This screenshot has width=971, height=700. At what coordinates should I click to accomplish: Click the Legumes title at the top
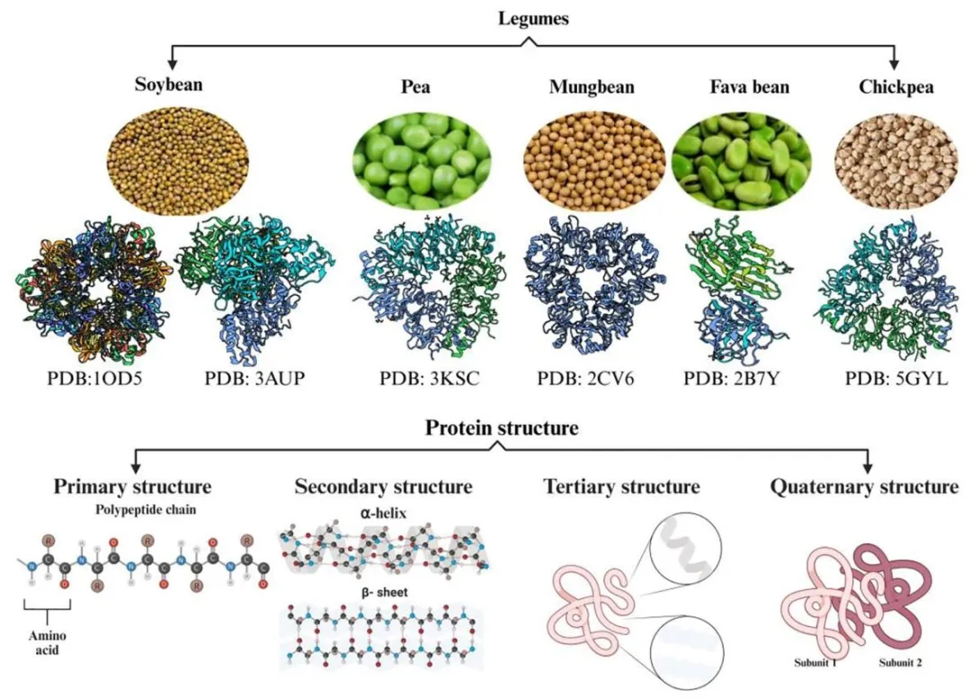[x=535, y=18]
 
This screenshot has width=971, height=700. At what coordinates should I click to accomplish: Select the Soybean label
[x=169, y=85]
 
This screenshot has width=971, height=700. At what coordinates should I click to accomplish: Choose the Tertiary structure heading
[x=621, y=487]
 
